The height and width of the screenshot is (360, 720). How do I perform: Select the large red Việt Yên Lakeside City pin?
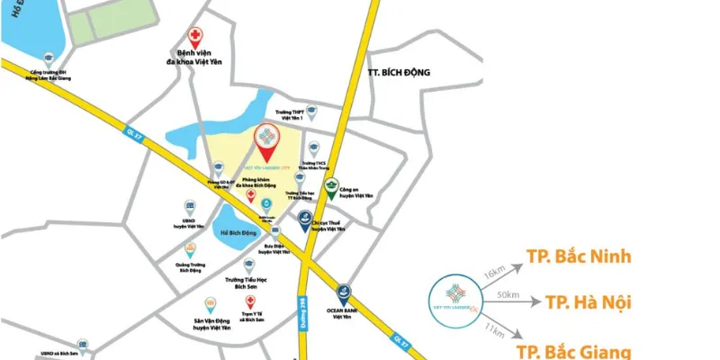[x=266, y=139]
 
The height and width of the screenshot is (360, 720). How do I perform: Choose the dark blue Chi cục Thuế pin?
[x=306, y=218]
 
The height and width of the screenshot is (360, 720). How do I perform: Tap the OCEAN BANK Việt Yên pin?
[x=343, y=292]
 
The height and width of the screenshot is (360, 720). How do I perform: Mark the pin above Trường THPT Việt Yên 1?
[x=311, y=112]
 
